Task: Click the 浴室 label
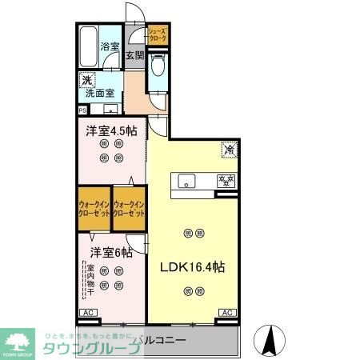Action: click(x=109, y=47)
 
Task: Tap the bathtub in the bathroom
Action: click(x=87, y=47)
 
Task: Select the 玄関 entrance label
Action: click(x=134, y=55)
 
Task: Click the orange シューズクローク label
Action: click(x=157, y=34)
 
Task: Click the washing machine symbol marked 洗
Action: click(x=86, y=80)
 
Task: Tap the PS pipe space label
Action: click(x=82, y=110)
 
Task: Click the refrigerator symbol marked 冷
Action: click(x=228, y=149)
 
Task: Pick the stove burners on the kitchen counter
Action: click(x=226, y=179)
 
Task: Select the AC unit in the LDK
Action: click(x=226, y=313)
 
